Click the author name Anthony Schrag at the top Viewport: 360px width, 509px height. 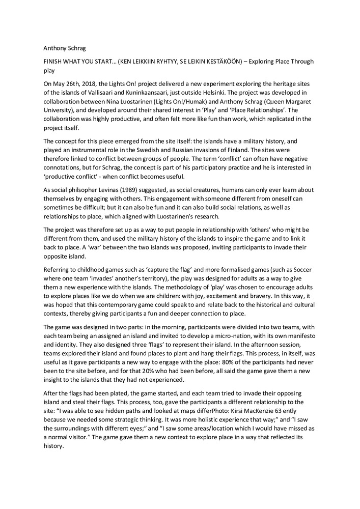(x=65, y=49)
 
